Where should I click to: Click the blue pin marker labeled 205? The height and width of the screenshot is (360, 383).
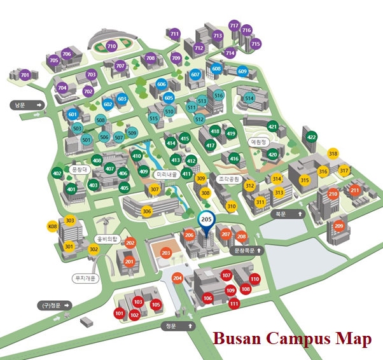pos(205,220)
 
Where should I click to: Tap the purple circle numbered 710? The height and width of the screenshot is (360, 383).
pos(111,46)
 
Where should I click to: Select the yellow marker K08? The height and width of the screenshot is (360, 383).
pos(52,226)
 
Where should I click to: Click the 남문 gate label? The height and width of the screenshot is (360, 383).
pos(21,104)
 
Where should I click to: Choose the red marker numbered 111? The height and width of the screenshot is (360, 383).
pos(234,304)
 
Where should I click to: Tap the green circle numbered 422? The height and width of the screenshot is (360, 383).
pos(311,137)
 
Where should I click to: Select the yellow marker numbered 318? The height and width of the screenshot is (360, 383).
pos(333,154)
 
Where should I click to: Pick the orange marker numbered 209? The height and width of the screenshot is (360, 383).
pos(338,226)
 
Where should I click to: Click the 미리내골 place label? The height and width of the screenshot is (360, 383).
pos(166,174)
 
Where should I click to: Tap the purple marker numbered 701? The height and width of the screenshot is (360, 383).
pos(25,76)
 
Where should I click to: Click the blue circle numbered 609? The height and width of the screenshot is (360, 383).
pos(242,71)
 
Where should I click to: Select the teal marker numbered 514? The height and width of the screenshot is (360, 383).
pos(249,99)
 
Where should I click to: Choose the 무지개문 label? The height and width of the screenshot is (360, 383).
pos(85,278)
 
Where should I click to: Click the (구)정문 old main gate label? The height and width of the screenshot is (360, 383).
pos(51,305)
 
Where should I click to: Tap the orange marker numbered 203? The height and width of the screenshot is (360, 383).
pos(166,253)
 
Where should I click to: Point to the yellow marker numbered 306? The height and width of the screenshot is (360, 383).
pos(146,211)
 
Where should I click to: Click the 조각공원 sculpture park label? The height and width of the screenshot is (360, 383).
pos(227,179)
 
